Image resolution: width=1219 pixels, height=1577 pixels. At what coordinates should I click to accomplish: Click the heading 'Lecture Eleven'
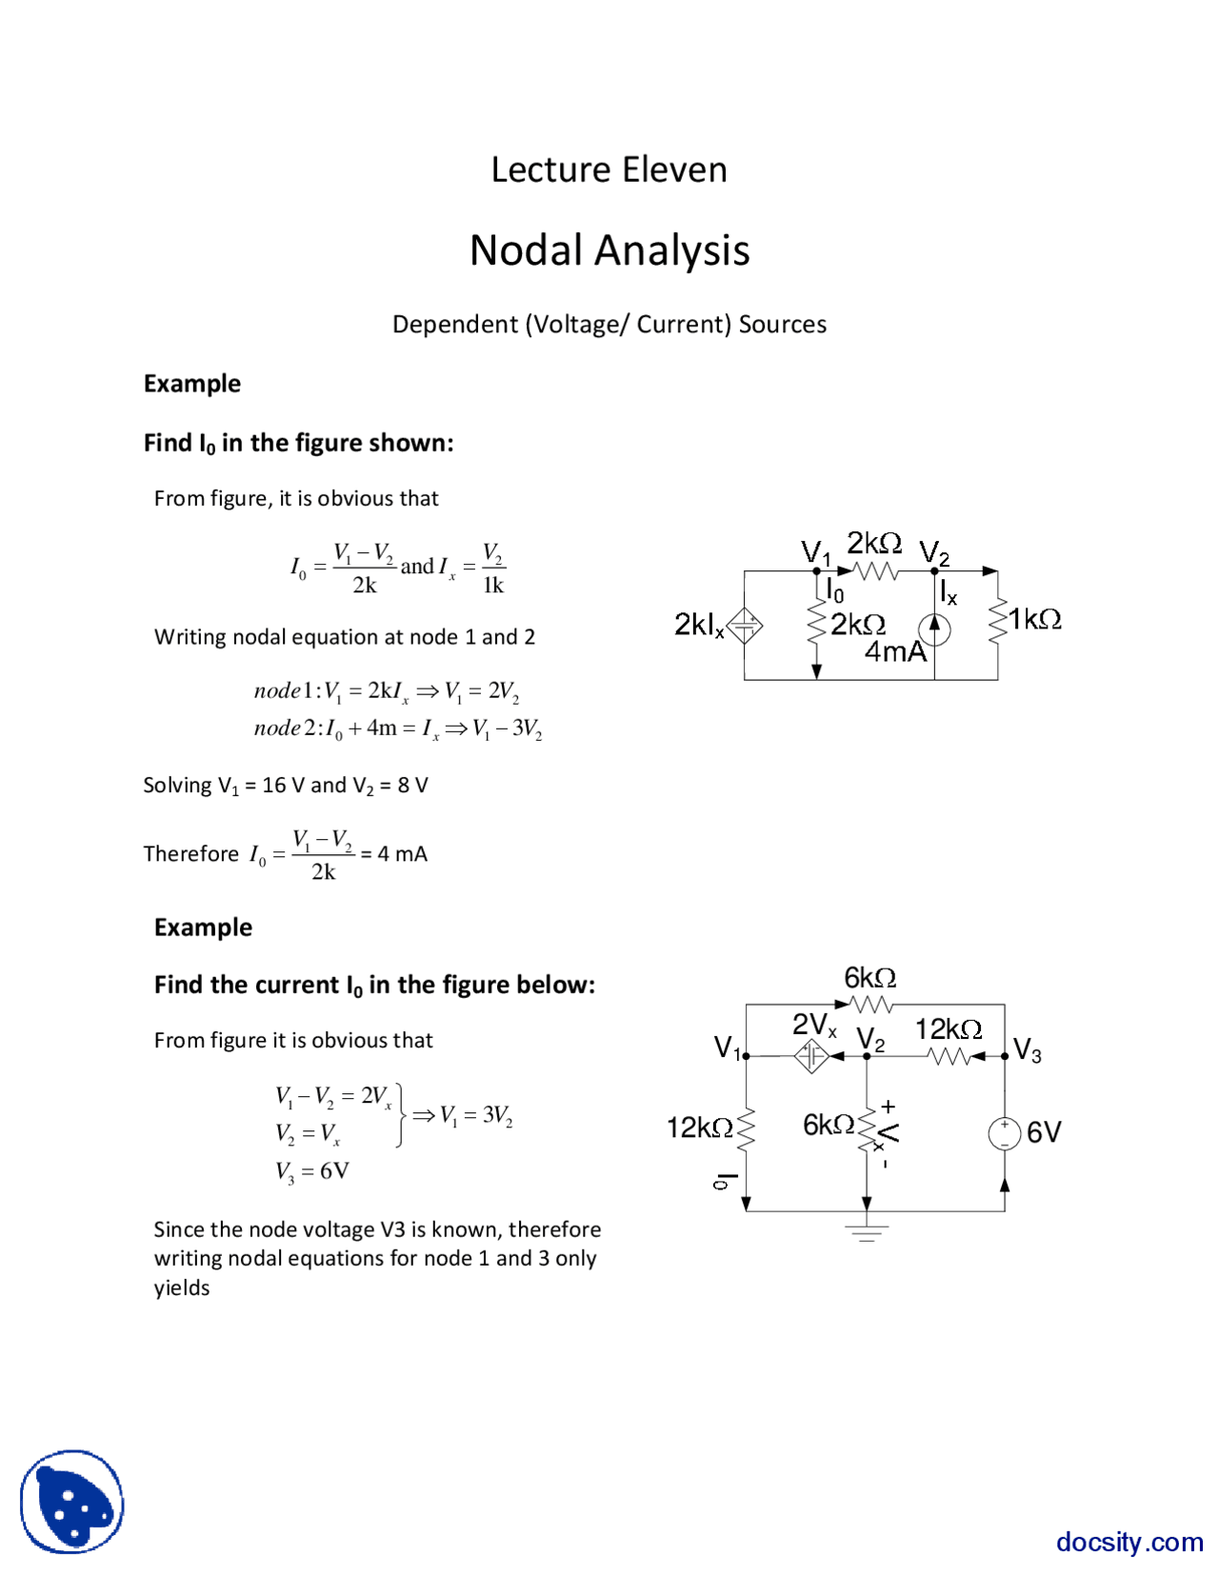pos(609,170)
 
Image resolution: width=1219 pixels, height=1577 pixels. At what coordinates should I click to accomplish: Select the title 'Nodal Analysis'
pos(609,250)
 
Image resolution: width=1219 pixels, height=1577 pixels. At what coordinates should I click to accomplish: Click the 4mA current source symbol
pos(934,629)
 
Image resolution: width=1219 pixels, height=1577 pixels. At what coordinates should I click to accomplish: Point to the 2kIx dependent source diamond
pos(745,626)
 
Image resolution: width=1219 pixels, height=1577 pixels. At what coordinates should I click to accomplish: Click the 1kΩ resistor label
pos(1035,620)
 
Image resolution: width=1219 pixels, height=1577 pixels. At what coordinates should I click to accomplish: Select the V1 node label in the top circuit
pos(815,551)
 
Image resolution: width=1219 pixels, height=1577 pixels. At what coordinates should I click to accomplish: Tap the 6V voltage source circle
pos(1005,1133)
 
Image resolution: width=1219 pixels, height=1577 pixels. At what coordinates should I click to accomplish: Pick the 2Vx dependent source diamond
pos(811,1055)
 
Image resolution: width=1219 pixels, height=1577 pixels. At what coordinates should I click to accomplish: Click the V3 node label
pos(1028,1050)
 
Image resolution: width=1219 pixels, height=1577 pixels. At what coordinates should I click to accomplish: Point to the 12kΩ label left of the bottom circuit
pos(700,1128)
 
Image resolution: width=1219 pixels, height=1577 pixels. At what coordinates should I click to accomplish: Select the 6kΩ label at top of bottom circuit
pos(869,978)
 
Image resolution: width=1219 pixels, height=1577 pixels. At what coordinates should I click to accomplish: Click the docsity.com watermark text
pos(1129,1542)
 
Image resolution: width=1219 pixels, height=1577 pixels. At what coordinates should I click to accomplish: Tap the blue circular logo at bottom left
pos(72,1502)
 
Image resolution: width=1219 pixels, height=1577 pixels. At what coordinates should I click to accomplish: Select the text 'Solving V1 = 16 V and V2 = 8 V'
pos(286,786)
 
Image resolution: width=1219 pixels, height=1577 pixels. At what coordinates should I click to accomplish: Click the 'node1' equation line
pos(386,691)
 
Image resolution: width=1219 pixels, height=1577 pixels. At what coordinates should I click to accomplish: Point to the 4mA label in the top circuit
pos(894,652)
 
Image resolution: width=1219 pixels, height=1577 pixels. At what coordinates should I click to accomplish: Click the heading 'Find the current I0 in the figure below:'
pos(374,986)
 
